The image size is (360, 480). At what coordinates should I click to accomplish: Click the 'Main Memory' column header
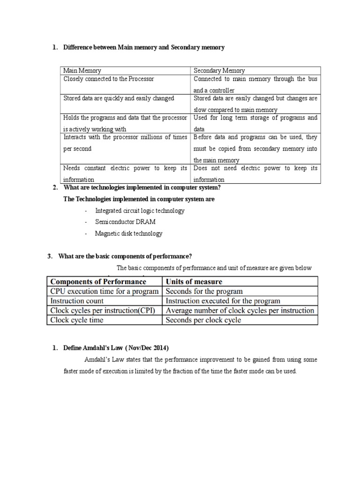tap(82, 70)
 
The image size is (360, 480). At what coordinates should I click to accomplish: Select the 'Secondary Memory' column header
tap(219, 70)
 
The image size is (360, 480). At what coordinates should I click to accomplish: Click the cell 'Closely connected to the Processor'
tap(109, 79)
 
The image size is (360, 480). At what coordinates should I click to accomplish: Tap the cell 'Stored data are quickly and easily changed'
tap(119, 98)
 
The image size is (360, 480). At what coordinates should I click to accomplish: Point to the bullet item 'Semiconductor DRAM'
tap(125, 222)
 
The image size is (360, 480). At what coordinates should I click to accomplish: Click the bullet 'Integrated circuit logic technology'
tap(140, 210)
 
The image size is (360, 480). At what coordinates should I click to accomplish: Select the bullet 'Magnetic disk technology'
tap(128, 233)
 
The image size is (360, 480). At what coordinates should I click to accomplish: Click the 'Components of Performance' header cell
tap(98, 281)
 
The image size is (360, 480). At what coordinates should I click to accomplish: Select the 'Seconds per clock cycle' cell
tap(203, 320)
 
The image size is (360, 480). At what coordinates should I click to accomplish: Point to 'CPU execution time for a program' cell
tap(104, 291)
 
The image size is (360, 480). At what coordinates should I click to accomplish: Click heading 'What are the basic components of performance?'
tap(125, 256)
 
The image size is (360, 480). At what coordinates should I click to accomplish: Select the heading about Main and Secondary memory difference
tap(144, 47)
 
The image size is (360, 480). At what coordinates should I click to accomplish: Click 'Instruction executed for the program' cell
tap(223, 301)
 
